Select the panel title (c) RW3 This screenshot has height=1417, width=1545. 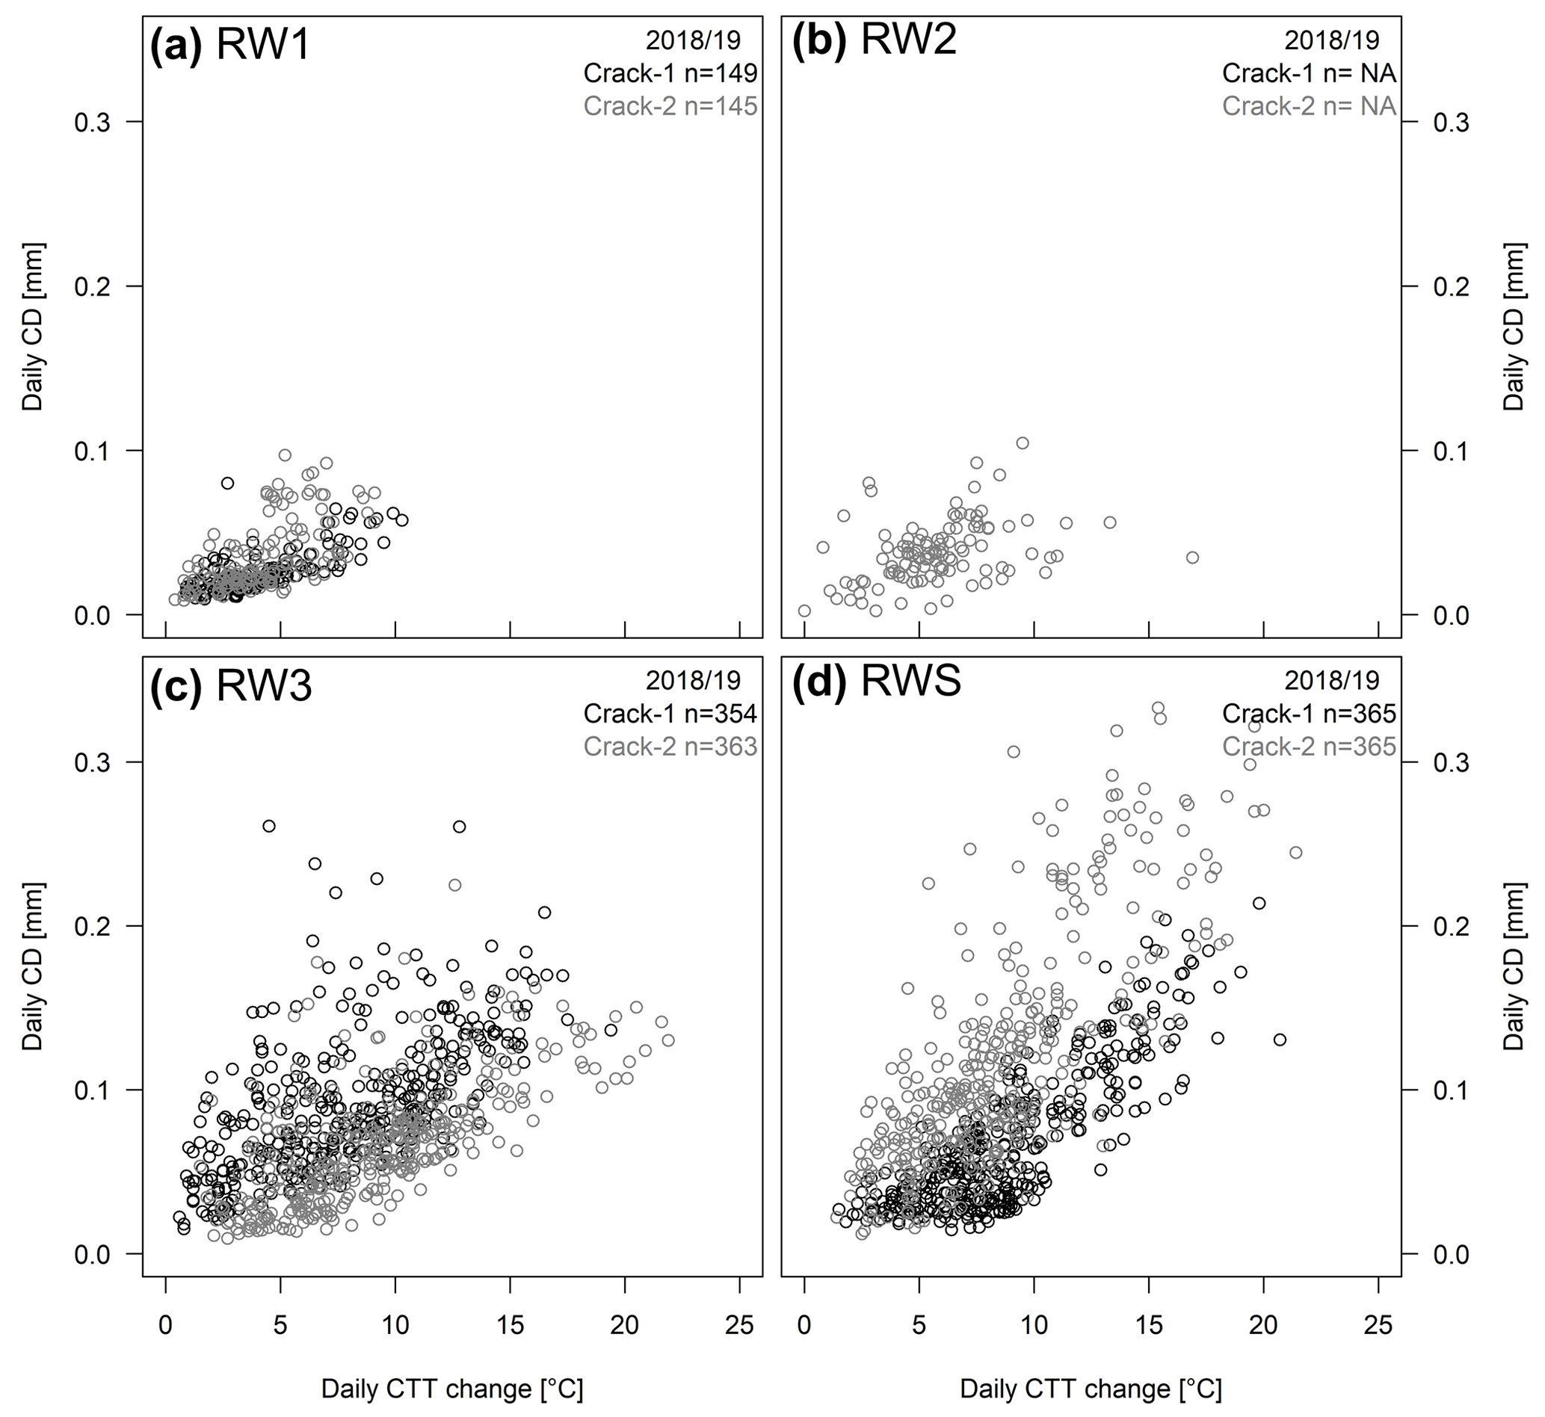(230, 685)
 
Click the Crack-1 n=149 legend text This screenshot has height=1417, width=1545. (670, 73)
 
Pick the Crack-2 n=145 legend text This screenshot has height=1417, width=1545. (670, 106)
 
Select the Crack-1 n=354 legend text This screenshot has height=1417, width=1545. (670, 714)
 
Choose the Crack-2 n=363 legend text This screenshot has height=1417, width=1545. (670, 746)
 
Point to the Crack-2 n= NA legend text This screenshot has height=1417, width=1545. (1309, 106)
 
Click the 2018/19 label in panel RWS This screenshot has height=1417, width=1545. (1332, 681)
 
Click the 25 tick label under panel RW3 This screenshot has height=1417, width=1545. (739, 1325)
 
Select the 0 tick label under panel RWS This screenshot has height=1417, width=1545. (804, 1325)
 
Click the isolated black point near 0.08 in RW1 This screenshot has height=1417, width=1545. (228, 483)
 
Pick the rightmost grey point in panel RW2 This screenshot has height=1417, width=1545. (1192, 558)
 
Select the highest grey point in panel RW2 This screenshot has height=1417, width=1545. (1022, 443)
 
